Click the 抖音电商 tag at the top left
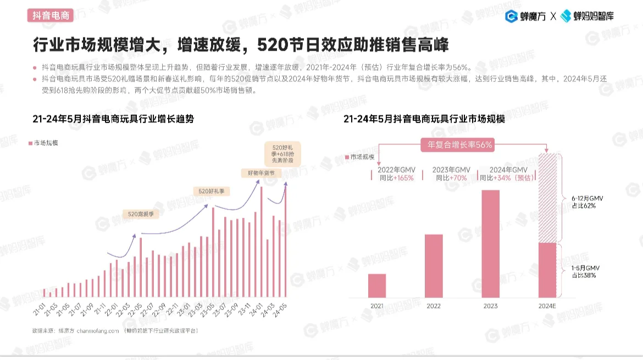51,16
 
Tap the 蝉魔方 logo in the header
525,16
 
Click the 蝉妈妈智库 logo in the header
587,16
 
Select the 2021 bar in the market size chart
377,286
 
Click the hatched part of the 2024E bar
548,198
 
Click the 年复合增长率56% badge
456,145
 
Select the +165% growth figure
403,178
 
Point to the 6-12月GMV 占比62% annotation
583,202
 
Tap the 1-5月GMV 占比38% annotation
583,271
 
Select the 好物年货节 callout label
261,173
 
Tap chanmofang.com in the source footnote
98,331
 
